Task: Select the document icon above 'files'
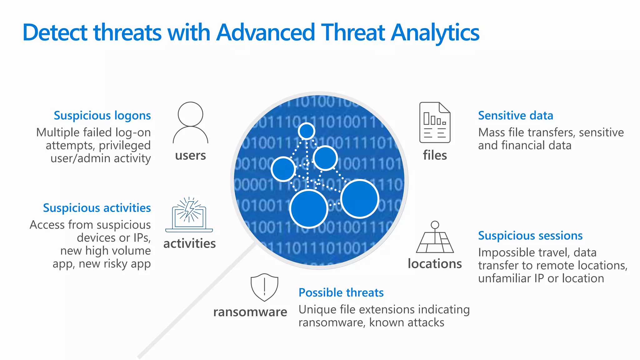[435, 122]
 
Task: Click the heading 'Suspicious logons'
[102, 116]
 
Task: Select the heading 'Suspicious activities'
[97, 208]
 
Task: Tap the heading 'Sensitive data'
[515, 116]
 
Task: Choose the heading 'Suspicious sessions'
[530, 236]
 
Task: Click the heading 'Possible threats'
[341, 293]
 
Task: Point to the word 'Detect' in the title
[55, 33]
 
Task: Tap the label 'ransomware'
[250, 312]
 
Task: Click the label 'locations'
[435, 264]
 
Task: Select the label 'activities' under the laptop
[189, 243]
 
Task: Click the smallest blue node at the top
[306, 131]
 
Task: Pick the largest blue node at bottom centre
[308, 208]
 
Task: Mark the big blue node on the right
[360, 199]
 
